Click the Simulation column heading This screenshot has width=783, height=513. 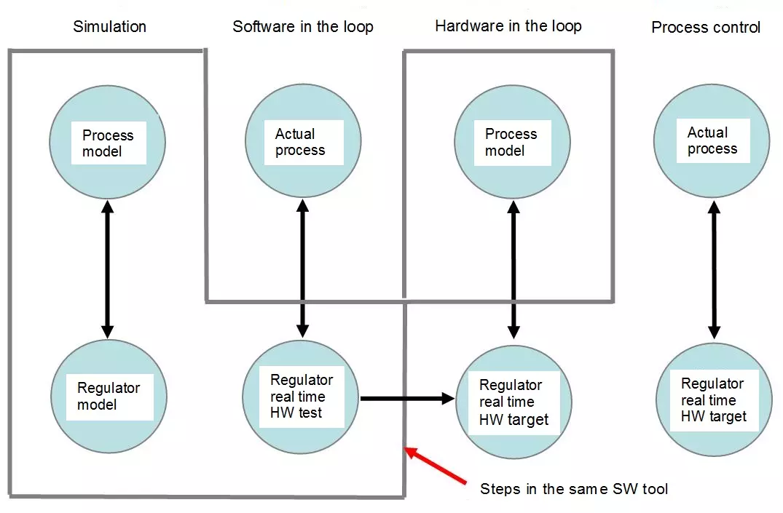click(x=109, y=26)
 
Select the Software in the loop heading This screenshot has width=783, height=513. click(x=302, y=26)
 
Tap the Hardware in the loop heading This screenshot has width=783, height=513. click(x=508, y=26)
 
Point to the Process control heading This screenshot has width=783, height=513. click(x=706, y=27)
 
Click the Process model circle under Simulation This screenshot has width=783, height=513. click(x=107, y=142)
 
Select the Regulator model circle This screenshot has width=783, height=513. click(x=109, y=397)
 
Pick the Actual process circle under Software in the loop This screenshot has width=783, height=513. click(x=303, y=140)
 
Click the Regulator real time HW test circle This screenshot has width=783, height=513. click(x=301, y=397)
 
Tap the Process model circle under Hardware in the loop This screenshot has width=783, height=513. click(x=512, y=142)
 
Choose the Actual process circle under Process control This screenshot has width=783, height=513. click(x=712, y=140)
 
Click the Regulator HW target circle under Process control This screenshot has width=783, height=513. click(x=714, y=399)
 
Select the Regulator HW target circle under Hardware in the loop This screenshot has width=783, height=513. click(x=514, y=402)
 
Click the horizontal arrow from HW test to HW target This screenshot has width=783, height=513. click(x=407, y=399)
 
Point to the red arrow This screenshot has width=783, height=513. click(x=435, y=465)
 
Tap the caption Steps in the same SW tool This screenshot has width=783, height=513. click(x=574, y=488)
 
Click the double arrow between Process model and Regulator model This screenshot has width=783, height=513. click(x=107, y=269)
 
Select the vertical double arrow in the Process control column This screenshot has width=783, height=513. click(x=714, y=270)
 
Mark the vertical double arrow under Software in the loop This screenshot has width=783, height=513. click(x=302, y=268)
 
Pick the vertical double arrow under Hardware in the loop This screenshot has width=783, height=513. click(x=514, y=270)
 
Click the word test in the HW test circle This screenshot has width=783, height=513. click(x=310, y=413)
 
